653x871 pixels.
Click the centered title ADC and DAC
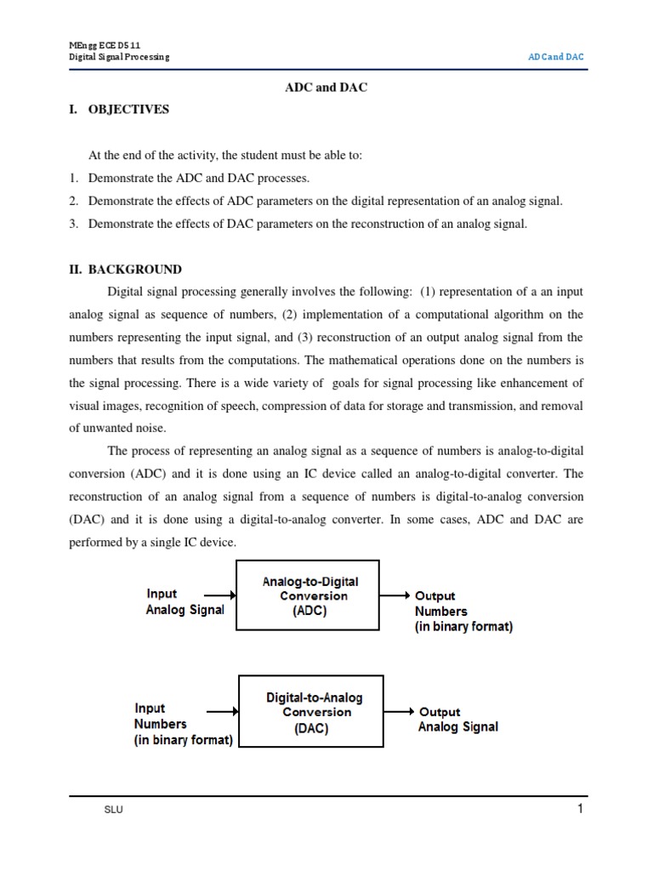coord(326,88)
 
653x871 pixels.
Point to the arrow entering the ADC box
coord(212,596)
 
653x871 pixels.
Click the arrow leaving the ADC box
coord(395,596)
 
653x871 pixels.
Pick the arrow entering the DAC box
coord(223,712)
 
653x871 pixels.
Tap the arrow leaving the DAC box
coord(398,712)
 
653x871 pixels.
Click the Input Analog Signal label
coord(185,602)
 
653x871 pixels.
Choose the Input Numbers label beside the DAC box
coord(183,724)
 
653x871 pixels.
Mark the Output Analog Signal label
coord(457,720)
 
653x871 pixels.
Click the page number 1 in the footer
coord(580,809)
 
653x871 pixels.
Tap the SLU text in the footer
coord(113,810)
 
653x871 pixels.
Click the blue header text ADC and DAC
coord(556,57)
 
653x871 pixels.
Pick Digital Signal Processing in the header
coord(119,57)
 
